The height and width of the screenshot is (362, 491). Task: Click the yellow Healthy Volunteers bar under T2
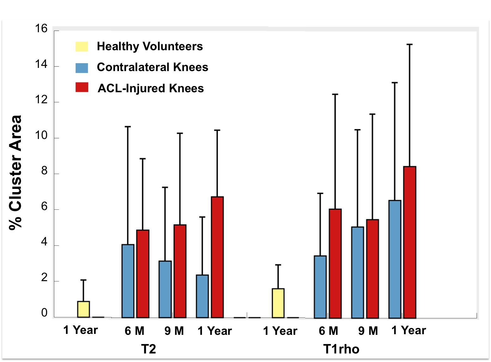pos(83,309)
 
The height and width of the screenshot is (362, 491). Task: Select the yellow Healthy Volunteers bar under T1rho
pos(278,303)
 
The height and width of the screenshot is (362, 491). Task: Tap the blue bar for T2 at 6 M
pos(128,281)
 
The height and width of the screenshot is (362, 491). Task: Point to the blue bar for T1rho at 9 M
pos(358,272)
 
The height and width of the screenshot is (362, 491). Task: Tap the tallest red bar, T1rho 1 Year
pos(410,242)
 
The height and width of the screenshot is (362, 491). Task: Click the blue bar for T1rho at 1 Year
pos(395,259)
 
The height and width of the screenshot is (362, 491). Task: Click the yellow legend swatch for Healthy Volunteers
pos(82,46)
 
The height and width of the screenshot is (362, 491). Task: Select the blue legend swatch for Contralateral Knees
pos(82,68)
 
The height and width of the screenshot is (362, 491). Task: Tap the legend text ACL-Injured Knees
pos(151,88)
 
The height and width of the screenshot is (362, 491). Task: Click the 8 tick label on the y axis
pos(44,171)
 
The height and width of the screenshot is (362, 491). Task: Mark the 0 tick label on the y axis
pos(44,313)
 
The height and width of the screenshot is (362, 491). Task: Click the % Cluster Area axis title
pos(15,172)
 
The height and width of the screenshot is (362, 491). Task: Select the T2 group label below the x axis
pos(148,349)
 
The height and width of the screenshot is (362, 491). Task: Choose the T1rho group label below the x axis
pos(341,349)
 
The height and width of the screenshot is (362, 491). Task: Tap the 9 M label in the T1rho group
pos(368,331)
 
